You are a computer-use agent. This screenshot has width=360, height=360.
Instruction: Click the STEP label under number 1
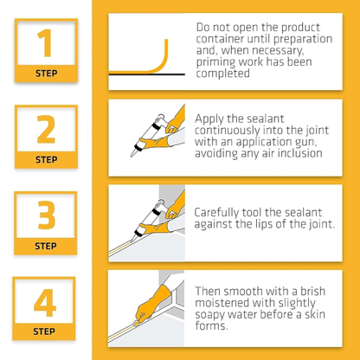tap(46, 73)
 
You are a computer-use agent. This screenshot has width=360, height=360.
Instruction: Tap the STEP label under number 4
tap(46, 331)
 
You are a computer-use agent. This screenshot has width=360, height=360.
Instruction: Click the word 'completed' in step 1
tap(225, 74)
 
